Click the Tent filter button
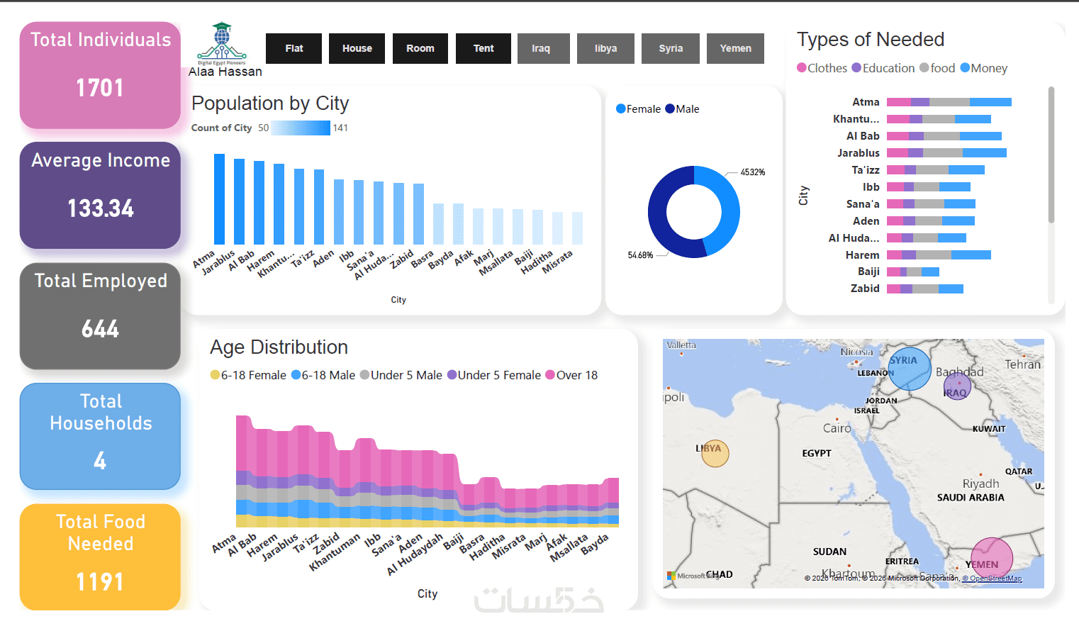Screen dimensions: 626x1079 [483, 48]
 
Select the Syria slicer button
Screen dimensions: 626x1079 [670, 48]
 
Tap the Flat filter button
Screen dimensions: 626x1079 [293, 48]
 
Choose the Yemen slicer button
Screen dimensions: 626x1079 [735, 48]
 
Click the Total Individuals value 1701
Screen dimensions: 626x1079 [100, 88]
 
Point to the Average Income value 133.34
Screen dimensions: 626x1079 [100, 208]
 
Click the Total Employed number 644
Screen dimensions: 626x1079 [100, 329]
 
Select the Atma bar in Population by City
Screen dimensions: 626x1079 [219, 199]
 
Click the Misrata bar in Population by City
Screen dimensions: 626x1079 [577, 228]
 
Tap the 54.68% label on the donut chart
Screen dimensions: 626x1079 [640, 255]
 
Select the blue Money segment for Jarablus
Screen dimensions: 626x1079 [984, 153]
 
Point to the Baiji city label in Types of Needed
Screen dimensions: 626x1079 [868, 272]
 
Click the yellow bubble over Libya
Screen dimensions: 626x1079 [715, 453]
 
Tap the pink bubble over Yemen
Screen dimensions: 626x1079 [991, 559]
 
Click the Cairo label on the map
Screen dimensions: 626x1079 [837, 428]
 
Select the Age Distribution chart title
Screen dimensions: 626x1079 [279, 347]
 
